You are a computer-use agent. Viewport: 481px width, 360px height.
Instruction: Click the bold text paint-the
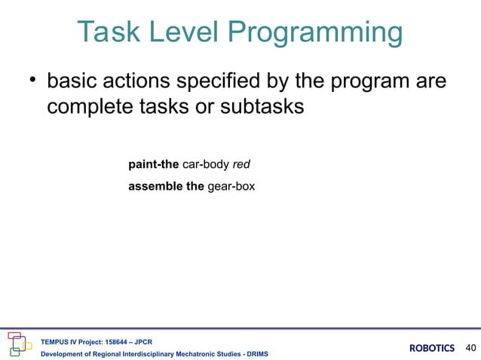tap(154, 163)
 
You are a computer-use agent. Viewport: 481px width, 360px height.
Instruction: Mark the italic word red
tap(242, 163)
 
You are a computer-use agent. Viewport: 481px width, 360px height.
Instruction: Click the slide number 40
tap(471, 348)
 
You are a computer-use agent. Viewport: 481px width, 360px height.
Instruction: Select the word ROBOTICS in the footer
tap(432, 348)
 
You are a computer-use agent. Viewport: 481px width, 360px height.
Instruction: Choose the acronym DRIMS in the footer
tap(254, 354)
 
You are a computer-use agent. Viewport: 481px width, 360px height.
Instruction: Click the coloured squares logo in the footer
tap(20, 344)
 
